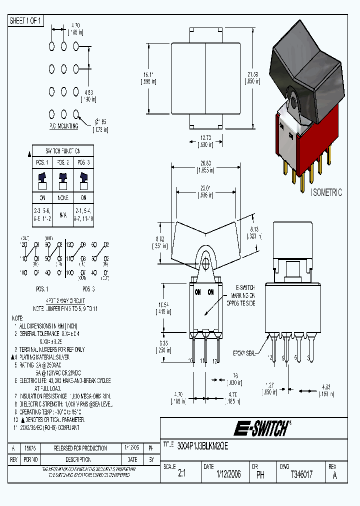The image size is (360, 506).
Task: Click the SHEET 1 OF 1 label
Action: click(26, 21)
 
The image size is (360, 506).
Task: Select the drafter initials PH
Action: click(260, 475)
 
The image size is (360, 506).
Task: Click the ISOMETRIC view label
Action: click(326, 192)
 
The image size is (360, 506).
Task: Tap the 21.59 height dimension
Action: click(252, 77)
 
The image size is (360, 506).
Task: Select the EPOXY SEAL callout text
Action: click(243, 353)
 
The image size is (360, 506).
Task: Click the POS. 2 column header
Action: click(63, 162)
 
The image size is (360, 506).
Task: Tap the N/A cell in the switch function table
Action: click(63, 215)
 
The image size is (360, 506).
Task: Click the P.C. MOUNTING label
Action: click(65, 126)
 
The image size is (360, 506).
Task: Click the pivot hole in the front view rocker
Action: click(204, 260)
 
